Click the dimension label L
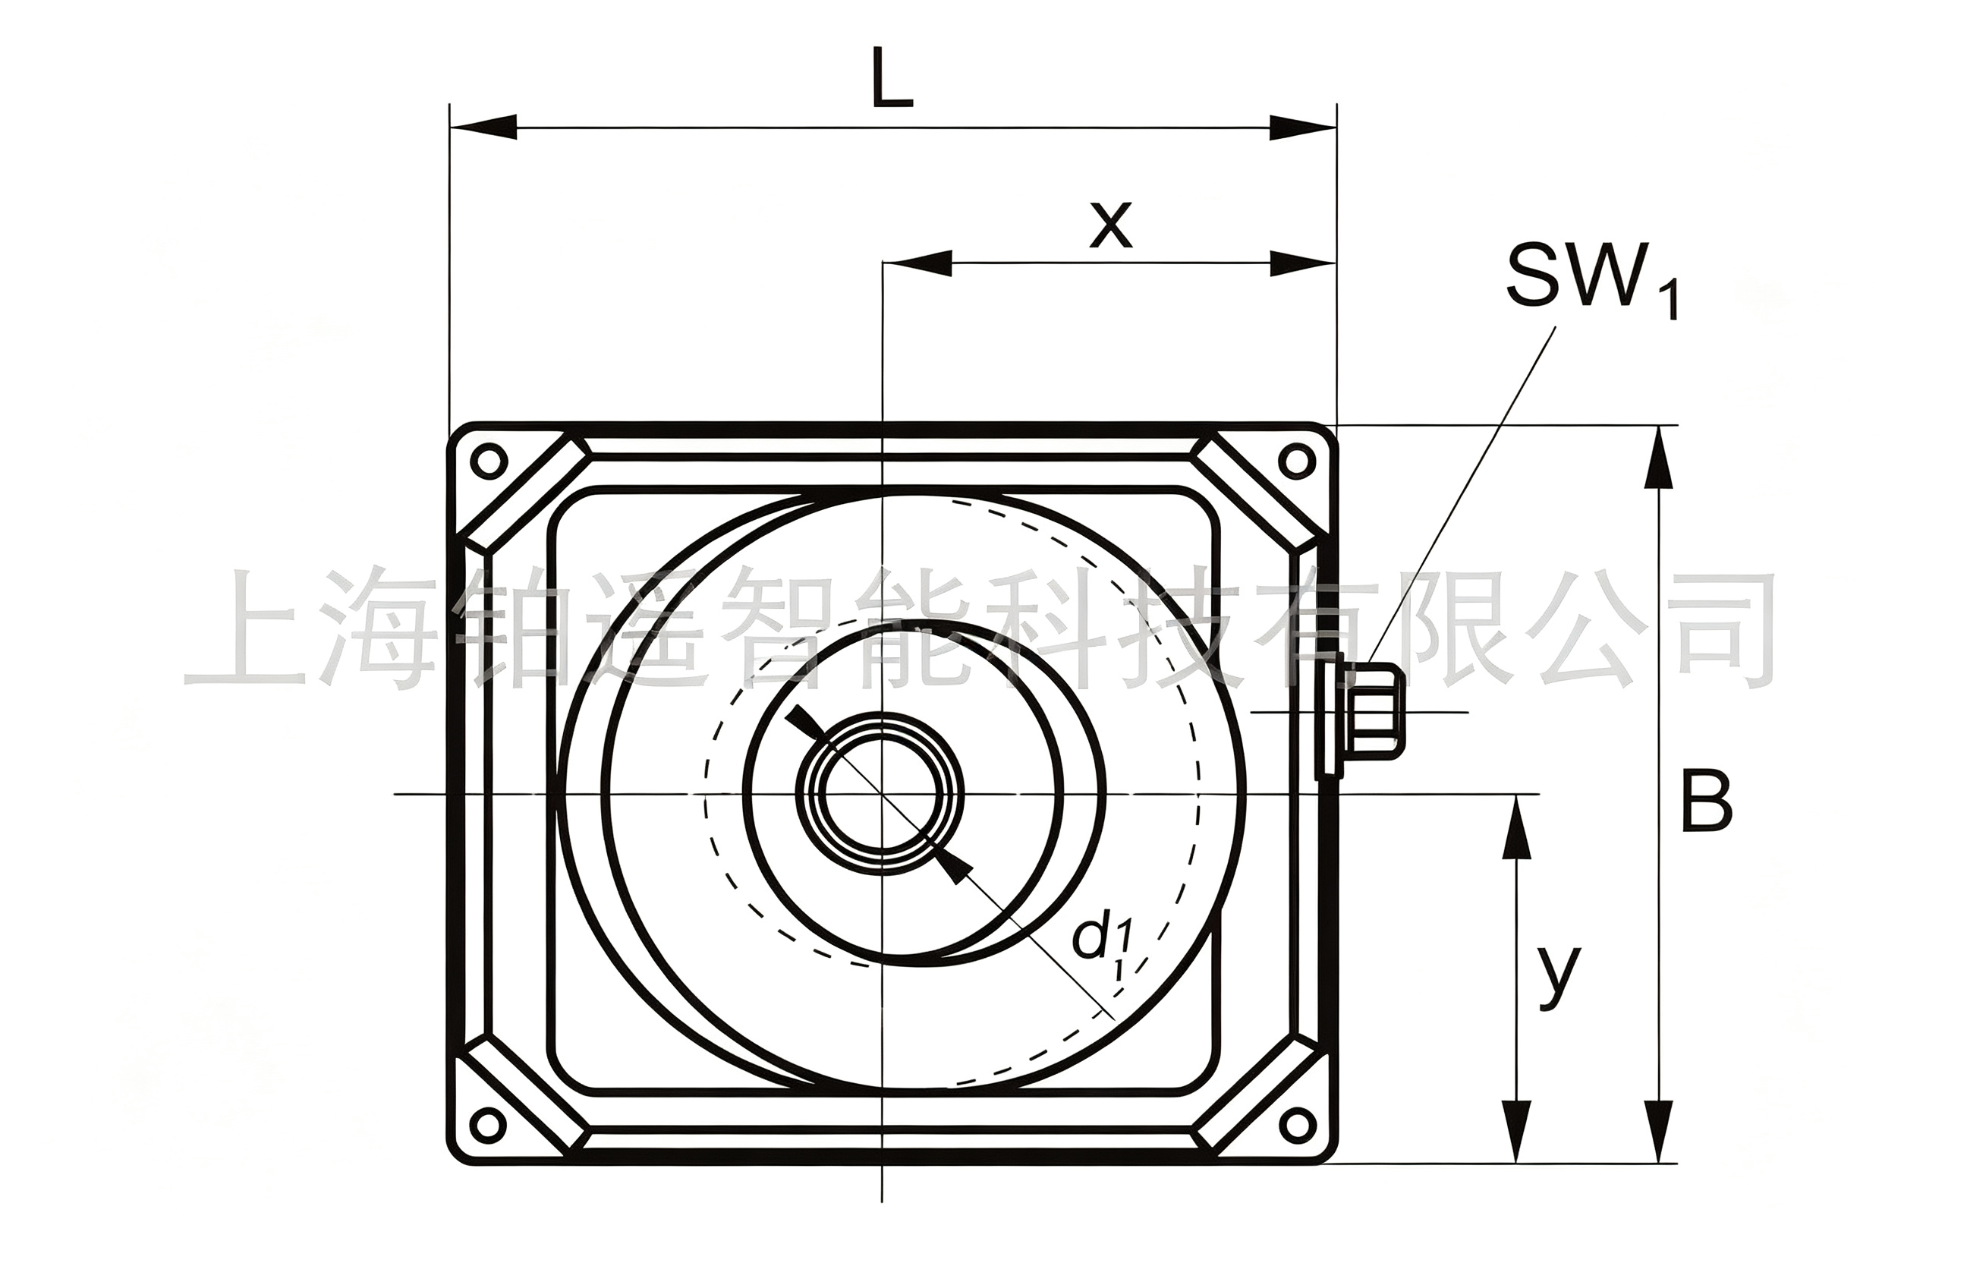pos(892,80)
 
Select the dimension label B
pos(1707,800)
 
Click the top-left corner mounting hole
pos(489,460)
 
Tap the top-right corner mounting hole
pos(1297,461)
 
